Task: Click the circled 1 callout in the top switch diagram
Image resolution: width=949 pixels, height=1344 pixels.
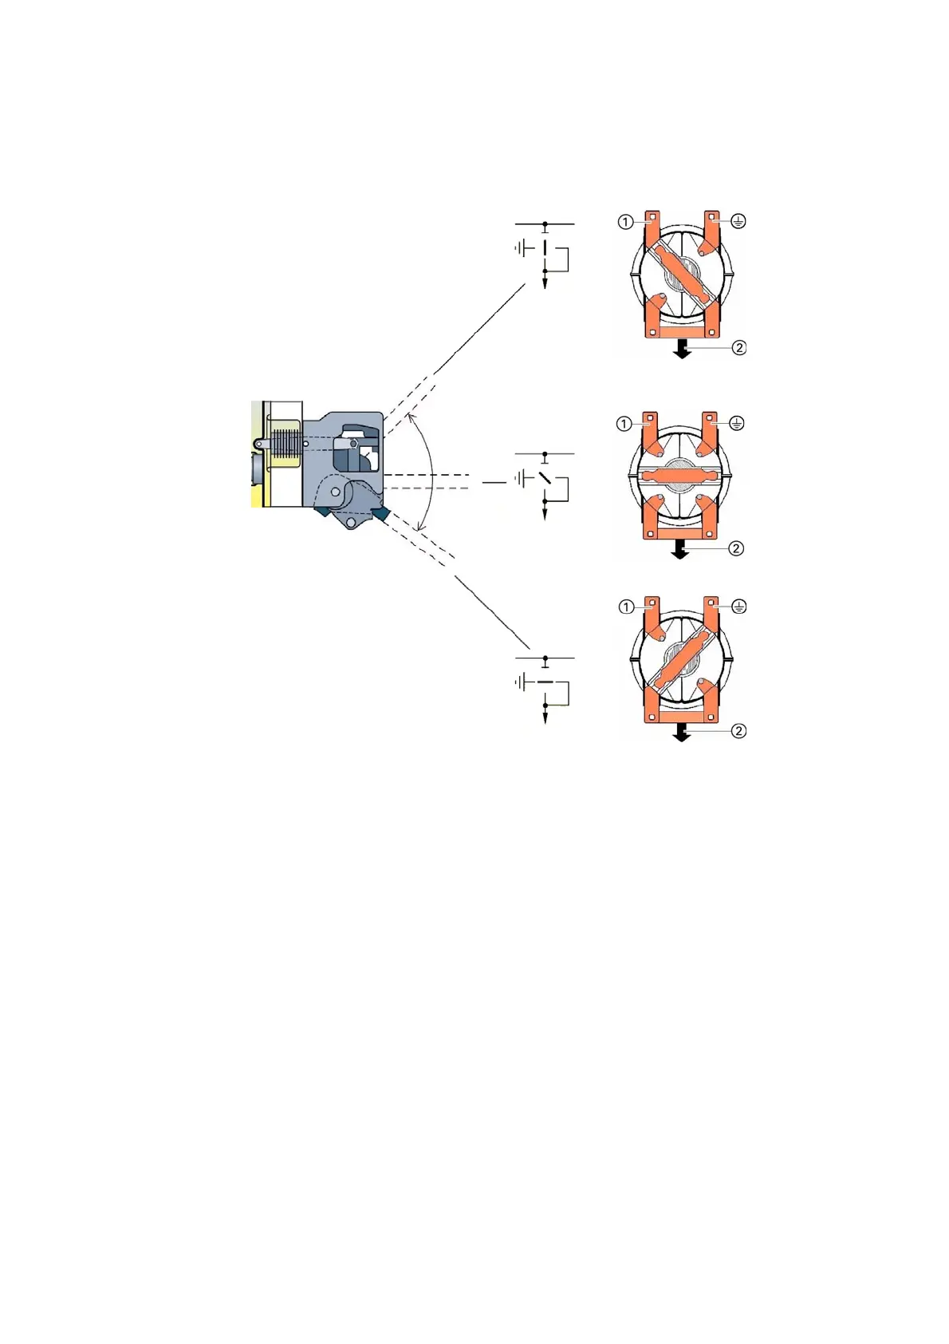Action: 625,222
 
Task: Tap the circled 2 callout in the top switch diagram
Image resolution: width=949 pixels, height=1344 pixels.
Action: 739,347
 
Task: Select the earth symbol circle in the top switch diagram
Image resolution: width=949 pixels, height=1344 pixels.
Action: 738,221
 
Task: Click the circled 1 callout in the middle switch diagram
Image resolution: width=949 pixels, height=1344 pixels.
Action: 624,425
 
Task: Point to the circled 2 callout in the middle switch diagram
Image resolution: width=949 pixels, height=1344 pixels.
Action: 736,548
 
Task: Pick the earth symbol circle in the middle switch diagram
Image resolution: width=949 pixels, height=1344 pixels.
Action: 737,423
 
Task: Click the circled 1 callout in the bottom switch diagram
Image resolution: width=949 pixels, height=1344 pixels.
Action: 626,607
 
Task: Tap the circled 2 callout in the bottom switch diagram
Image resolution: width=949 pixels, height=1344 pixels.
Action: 738,731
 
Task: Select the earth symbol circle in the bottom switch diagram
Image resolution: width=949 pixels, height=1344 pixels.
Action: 739,607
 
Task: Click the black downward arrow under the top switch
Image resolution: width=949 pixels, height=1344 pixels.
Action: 682,350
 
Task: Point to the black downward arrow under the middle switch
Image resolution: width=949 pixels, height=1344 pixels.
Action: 679,550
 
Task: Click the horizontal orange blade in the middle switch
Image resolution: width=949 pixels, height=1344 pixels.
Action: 680,475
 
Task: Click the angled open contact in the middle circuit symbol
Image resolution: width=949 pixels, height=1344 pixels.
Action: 545,478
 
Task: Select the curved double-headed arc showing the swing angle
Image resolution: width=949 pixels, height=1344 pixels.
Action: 431,472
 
